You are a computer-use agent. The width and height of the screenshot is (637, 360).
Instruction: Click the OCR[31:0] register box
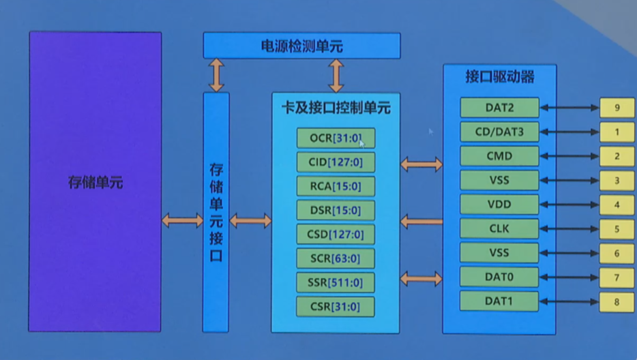pos(336,138)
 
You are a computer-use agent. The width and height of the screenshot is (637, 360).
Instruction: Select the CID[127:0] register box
pos(336,162)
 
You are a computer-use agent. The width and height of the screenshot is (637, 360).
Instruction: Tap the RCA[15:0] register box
pos(336,186)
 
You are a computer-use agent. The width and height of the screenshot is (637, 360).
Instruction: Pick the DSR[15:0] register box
pos(336,210)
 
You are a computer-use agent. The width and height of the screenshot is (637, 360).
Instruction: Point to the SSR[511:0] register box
pos(336,282)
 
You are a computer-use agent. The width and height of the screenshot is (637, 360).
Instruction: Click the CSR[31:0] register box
pos(336,306)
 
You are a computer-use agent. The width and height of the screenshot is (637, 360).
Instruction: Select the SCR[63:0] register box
pos(336,258)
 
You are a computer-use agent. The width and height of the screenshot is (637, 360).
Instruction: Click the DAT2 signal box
pos(499,108)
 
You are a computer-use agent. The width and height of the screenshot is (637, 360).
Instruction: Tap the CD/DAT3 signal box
pos(499,132)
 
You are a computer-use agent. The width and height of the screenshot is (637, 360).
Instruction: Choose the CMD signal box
pos(499,156)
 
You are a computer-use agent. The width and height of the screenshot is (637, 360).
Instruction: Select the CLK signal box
pos(499,228)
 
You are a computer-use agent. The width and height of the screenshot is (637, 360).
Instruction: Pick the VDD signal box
pos(499,205)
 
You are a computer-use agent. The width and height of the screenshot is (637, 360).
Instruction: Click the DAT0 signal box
pos(499,277)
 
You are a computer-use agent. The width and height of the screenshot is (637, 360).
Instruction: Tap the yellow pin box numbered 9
pos(617,108)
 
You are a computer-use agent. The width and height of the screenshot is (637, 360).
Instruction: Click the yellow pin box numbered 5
pos(617,229)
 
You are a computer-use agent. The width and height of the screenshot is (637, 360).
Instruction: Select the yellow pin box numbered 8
pos(617,301)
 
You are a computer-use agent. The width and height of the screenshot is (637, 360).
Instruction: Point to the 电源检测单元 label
pos(301,46)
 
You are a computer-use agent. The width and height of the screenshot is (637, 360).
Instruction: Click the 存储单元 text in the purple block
pos(95,183)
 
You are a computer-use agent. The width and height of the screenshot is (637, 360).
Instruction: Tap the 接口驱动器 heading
pos(499,76)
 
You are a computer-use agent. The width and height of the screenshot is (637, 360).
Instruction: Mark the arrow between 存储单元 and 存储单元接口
pos(182,220)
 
